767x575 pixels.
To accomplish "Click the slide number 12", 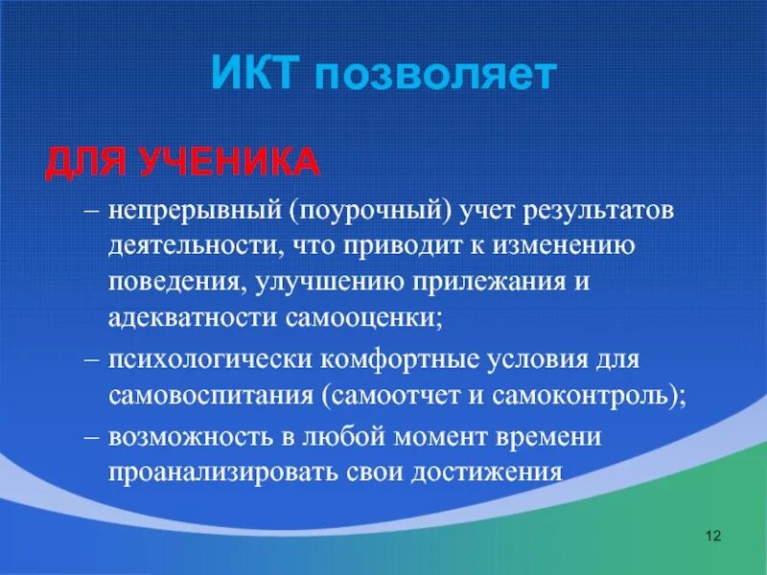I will tap(711, 534).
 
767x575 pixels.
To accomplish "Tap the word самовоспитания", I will tap(210, 399).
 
